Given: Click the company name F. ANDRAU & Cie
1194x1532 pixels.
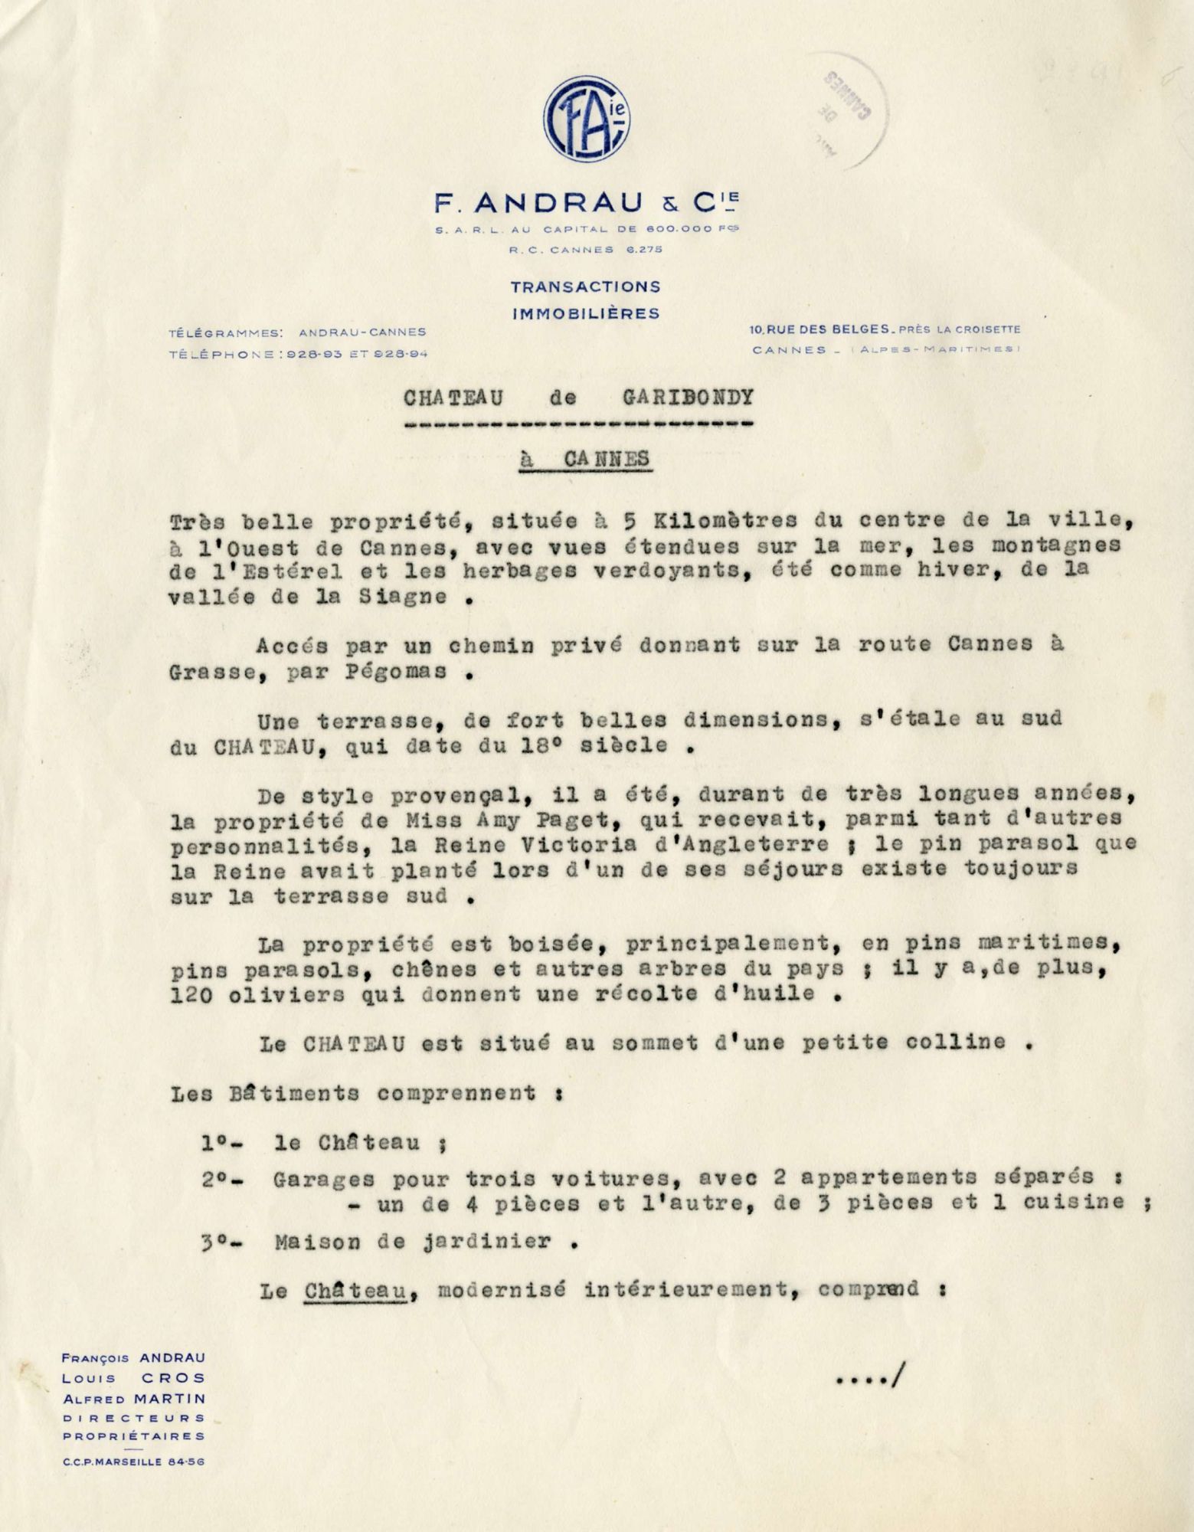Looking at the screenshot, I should click(x=587, y=205).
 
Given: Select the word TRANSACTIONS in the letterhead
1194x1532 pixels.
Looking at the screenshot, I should click(x=586, y=286).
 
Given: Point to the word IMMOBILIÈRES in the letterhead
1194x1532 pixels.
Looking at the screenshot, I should click(x=586, y=313).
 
